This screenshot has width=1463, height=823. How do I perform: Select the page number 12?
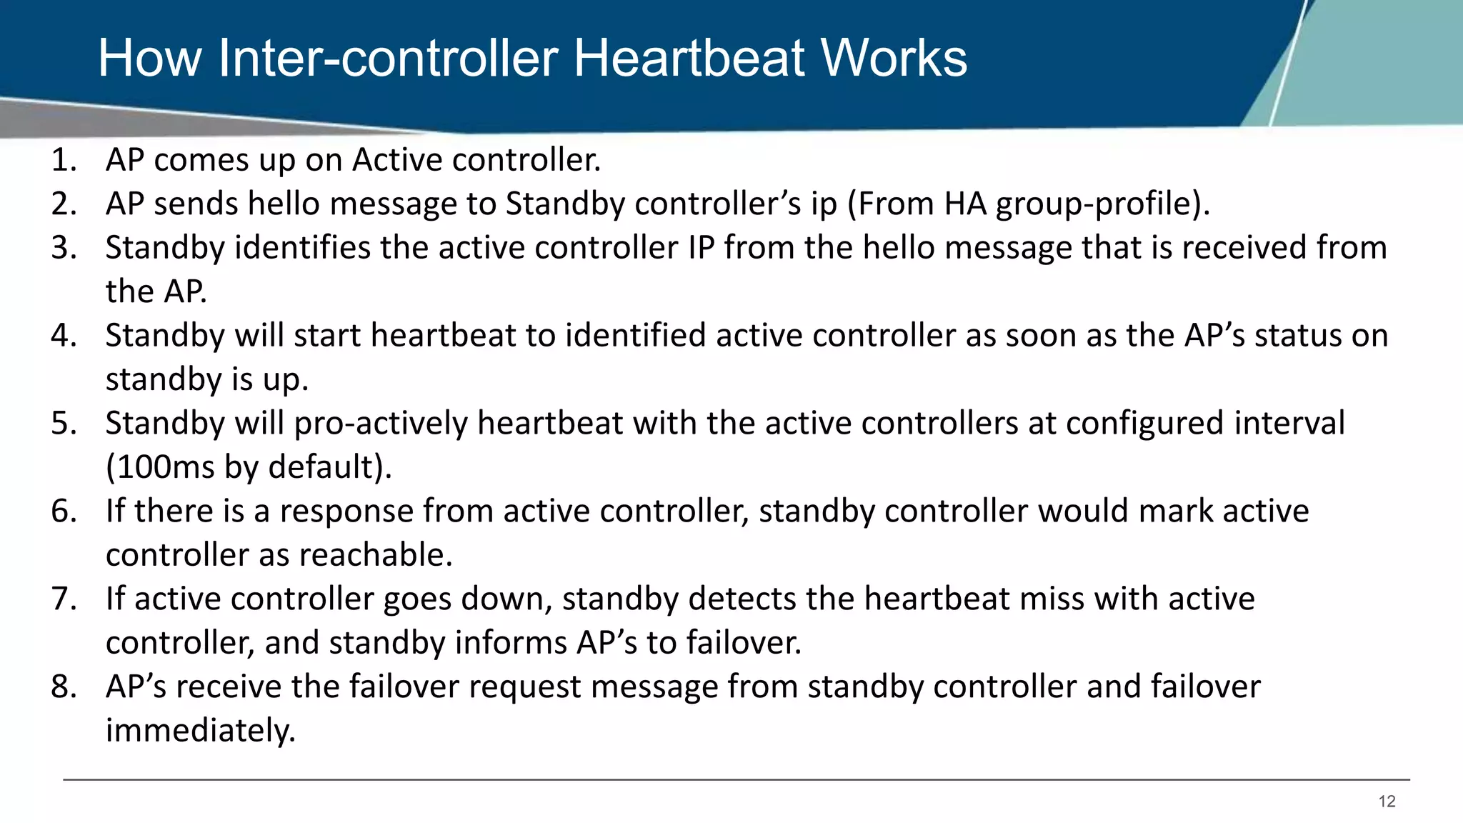1387,802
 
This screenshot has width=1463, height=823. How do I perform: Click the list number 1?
63,160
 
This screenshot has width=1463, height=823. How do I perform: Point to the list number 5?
63,424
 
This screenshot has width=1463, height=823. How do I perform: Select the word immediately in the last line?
200,731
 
